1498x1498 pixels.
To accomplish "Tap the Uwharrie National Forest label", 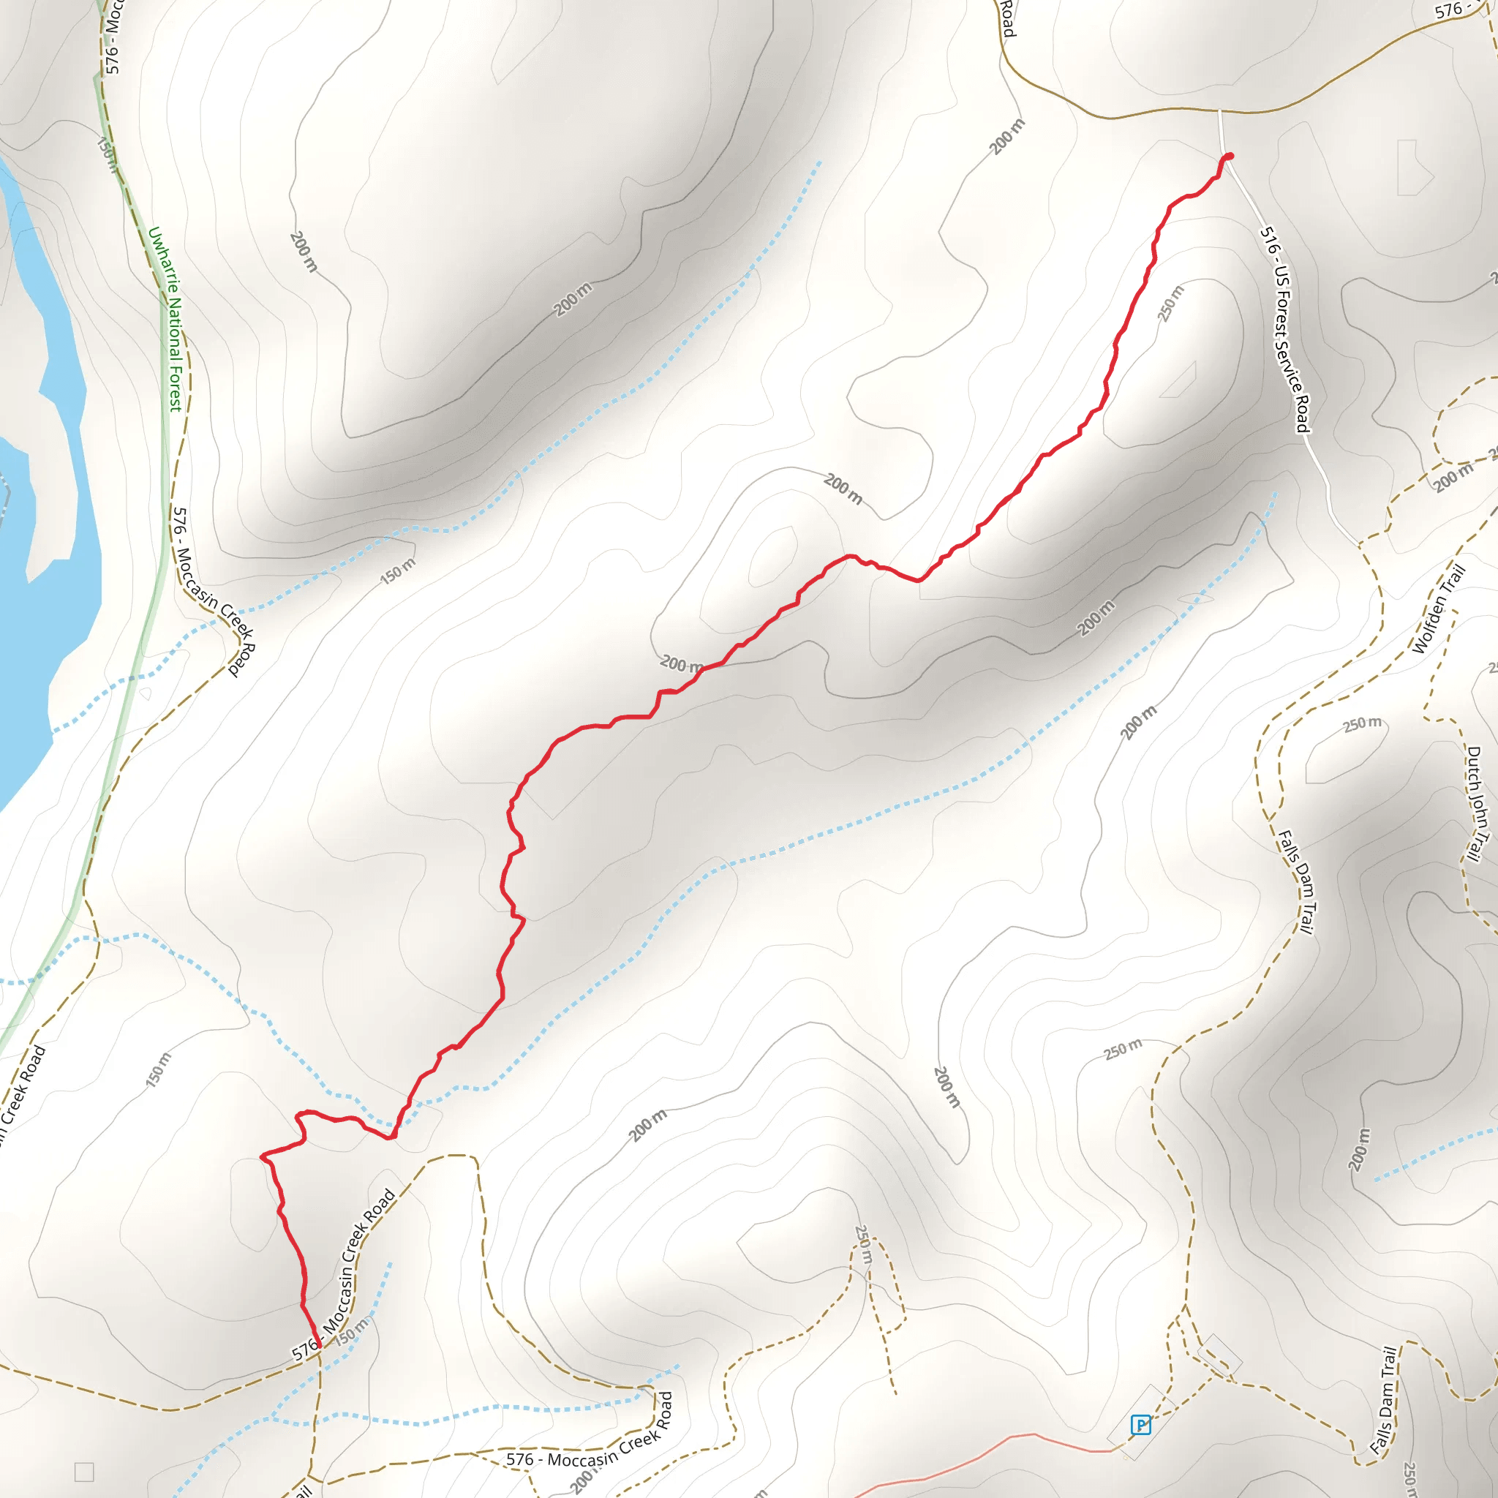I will (x=165, y=319).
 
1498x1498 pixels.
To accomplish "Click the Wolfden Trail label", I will (x=1438, y=609).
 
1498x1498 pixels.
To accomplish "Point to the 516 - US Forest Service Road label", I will (x=1284, y=330).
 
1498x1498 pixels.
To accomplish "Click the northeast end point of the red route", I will (x=1229, y=157).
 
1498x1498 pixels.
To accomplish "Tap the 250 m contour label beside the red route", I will (x=1171, y=303).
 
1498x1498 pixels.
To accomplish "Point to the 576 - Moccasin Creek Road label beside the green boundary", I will (x=214, y=592).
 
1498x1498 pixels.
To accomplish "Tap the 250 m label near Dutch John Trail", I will (x=1362, y=724).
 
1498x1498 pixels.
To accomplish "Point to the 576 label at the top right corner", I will (x=1448, y=10).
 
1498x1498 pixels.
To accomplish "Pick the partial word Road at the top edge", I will (x=1006, y=17).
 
